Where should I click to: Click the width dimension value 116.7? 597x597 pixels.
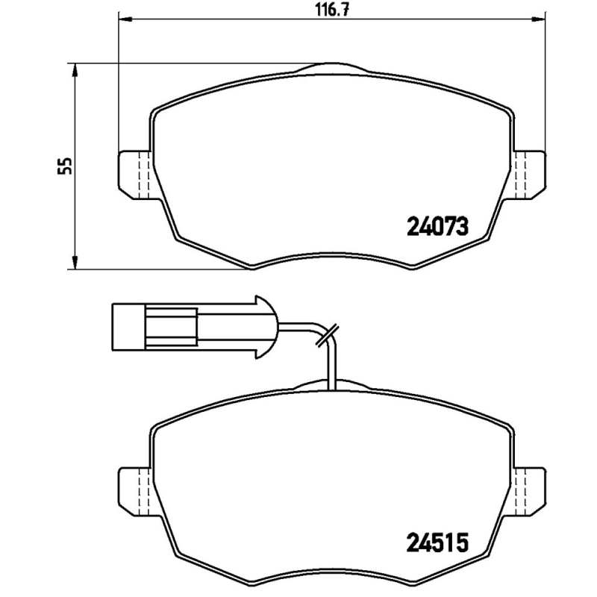click(330, 10)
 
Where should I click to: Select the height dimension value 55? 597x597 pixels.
click(66, 165)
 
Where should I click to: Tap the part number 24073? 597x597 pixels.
click(437, 225)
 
